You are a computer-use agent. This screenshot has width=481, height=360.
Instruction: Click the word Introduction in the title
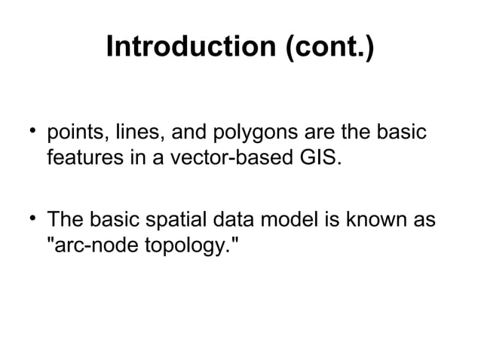coord(192,47)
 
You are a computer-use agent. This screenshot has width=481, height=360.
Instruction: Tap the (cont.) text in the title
coord(329,47)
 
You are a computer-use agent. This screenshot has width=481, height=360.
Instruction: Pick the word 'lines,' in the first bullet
coord(139,136)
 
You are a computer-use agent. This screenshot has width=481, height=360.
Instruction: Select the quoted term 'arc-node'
coord(87,246)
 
